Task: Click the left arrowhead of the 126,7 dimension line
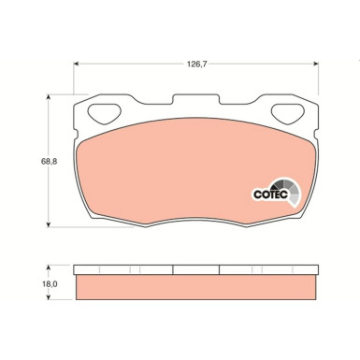[78, 65]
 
